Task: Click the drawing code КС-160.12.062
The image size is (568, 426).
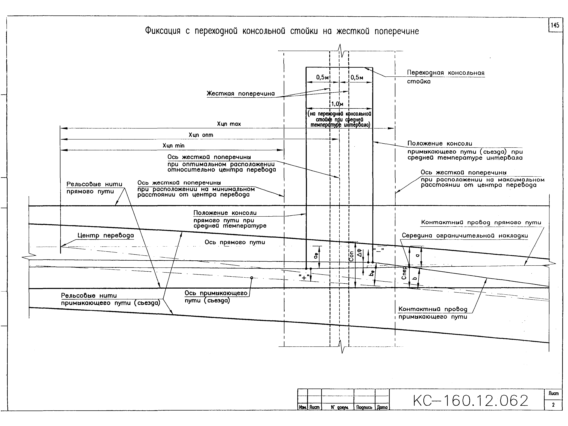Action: [470, 401]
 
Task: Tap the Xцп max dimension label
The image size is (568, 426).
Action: [229, 124]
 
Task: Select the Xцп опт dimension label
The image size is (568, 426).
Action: [201, 135]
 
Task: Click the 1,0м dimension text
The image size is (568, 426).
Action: [337, 104]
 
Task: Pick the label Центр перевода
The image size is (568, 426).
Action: [105, 236]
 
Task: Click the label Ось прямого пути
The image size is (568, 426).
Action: [235, 242]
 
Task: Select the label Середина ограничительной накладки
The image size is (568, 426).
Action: [465, 236]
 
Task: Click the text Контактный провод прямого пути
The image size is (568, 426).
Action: [481, 222]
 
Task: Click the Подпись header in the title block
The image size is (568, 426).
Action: [364, 407]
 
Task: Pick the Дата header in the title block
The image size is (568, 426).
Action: [382, 407]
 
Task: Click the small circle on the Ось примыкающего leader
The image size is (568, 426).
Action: [252, 278]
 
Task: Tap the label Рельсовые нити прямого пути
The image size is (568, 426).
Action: [94, 188]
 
